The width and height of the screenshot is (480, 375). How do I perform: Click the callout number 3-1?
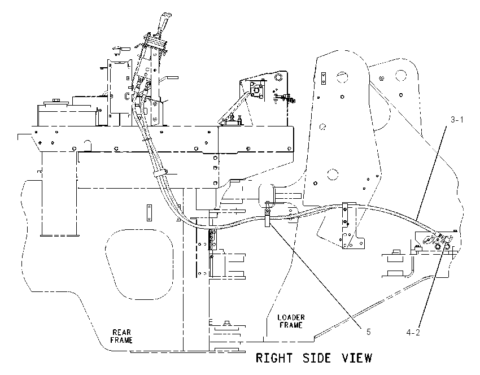point(457,120)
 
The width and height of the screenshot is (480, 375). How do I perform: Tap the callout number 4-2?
point(413,333)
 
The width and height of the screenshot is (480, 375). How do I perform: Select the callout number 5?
point(369,332)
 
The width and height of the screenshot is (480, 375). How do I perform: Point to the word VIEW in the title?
point(357,358)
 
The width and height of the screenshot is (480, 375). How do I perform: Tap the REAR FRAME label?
point(121,336)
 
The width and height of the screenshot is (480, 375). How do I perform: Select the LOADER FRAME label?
point(291,321)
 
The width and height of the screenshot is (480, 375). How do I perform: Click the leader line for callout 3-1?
point(431,173)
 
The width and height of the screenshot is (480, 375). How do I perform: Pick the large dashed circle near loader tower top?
point(343,77)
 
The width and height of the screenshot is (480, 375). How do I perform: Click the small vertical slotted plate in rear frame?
point(150,213)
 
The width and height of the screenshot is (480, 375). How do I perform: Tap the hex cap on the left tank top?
point(56,100)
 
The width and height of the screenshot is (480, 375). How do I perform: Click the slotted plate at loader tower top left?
point(323,79)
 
